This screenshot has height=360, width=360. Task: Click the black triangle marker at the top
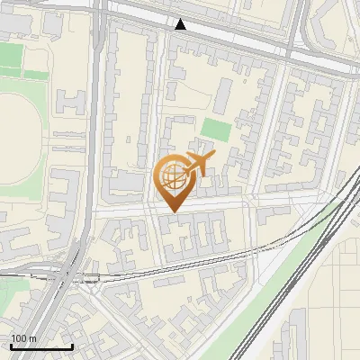tap(181, 24)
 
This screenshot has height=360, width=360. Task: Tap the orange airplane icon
tap(198, 164)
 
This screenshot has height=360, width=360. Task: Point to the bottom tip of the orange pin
tap(172, 211)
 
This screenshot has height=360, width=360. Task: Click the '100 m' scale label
tap(23, 338)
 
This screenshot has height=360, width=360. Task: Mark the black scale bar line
tap(41, 346)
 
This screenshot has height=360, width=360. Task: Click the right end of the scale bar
tap(73, 346)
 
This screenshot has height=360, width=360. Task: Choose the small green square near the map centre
tap(215, 129)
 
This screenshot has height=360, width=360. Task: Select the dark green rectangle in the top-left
tap(11, 56)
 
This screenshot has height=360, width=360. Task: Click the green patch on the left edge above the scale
tap(11, 292)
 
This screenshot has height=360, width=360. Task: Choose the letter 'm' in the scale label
tap(32, 338)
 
